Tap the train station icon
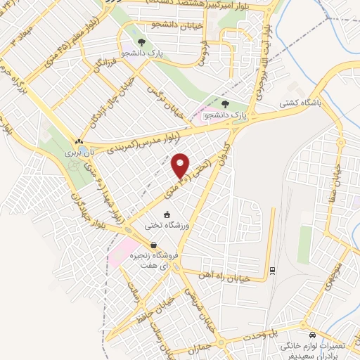click(x=272, y=270)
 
